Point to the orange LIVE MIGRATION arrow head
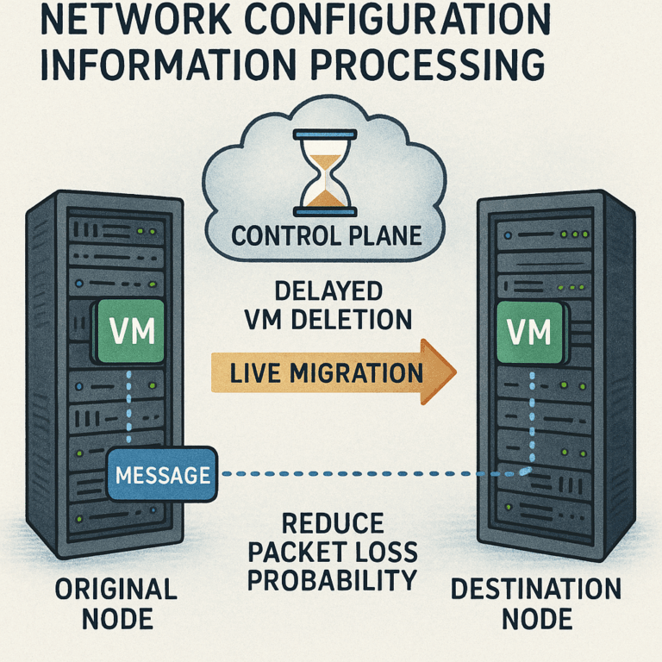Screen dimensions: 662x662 pos(439,372)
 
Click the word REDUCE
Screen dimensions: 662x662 pos(331,522)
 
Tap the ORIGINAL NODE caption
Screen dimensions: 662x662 pos(116,604)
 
